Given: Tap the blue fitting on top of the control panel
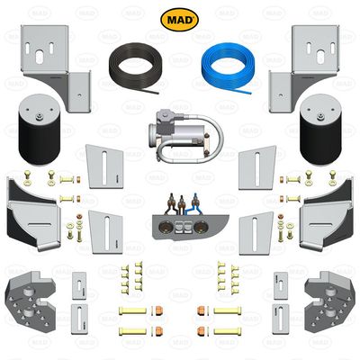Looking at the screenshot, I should coord(193,202).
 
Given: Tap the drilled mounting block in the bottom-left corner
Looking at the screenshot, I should coord(27,297).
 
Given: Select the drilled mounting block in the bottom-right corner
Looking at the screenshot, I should coord(330,297).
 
